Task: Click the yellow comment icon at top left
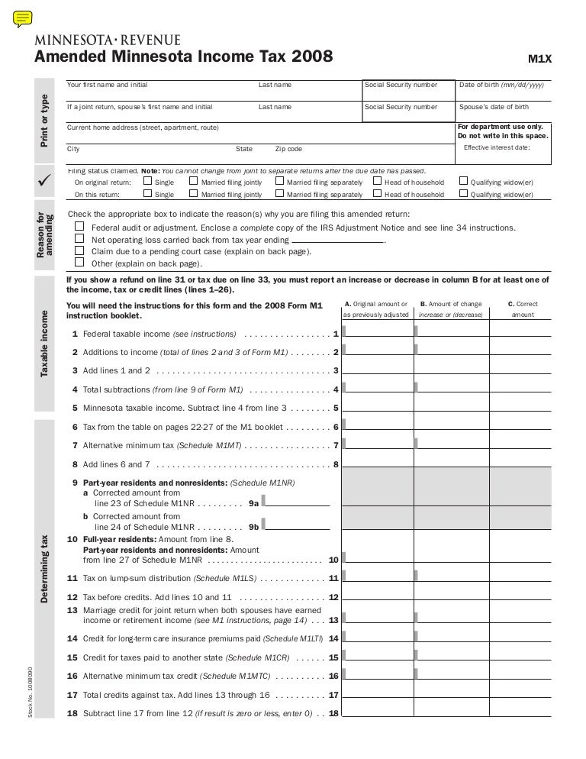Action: click(x=22, y=18)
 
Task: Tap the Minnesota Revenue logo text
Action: click(x=107, y=40)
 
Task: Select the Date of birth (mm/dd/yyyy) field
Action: click(x=504, y=95)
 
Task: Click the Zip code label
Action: click(x=288, y=149)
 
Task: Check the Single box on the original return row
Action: click(x=148, y=182)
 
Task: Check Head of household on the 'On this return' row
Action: click(x=377, y=195)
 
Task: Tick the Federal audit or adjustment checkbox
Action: click(x=79, y=228)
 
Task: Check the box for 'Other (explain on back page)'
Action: click(x=79, y=263)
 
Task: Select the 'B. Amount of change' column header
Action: click(x=451, y=304)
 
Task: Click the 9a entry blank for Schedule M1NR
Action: click(x=298, y=502)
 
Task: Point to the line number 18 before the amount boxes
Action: click(x=333, y=713)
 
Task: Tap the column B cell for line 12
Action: click(x=451, y=596)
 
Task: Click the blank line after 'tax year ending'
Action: click(x=339, y=240)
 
